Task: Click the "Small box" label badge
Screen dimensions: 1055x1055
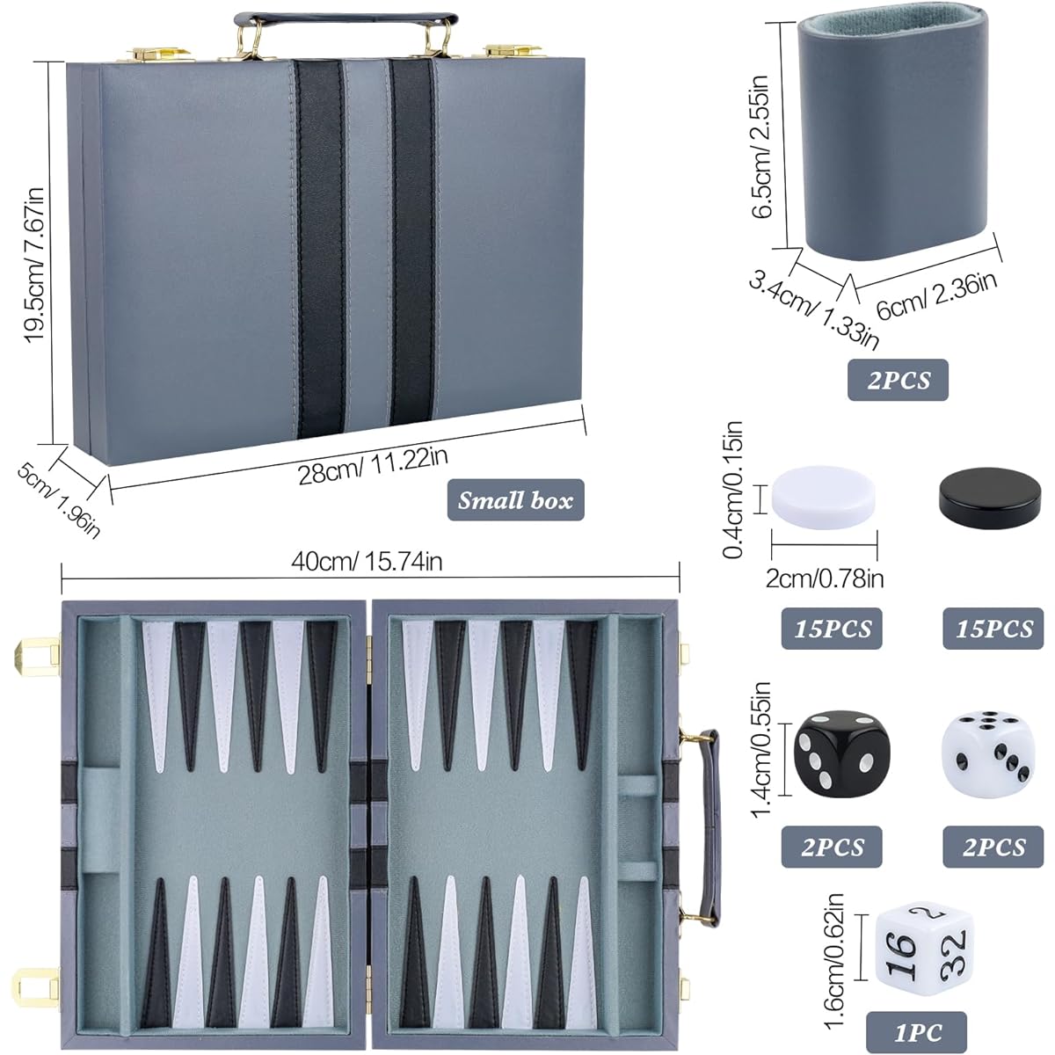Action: coord(515,499)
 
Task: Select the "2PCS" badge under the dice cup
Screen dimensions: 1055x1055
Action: coord(898,380)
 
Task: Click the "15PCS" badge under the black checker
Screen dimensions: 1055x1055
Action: coord(993,629)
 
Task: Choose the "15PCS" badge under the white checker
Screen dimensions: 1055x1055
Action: coord(832,629)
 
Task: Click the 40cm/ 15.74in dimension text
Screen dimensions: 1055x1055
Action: coord(367,562)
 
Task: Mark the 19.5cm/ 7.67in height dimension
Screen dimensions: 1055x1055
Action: coord(34,265)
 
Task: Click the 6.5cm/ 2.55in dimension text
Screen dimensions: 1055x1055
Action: coord(762,147)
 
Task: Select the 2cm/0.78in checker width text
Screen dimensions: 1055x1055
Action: coord(824,578)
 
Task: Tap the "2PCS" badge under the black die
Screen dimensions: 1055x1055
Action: coord(832,847)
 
